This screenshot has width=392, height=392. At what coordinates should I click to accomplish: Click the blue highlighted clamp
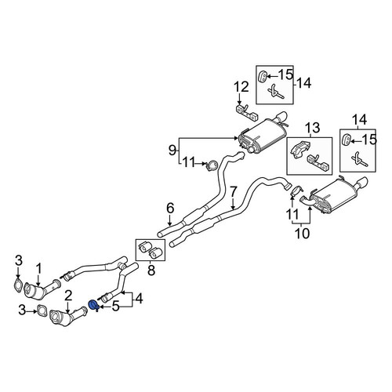click(x=93, y=306)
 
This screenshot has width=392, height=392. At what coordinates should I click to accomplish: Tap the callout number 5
click(x=115, y=307)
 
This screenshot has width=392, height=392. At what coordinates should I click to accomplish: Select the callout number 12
click(x=241, y=87)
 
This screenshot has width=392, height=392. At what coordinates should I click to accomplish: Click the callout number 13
click(x=312, y=128)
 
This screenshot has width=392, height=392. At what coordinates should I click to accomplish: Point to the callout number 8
click(x=151, y=270)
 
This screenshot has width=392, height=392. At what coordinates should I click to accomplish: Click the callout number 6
click(x=170, y=209)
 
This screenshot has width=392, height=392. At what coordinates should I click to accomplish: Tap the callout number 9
click(x=172, y=151)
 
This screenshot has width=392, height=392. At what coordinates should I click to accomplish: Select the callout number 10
click(x=303, y=233)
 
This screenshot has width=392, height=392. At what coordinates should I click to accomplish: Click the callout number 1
click(x=38, y=269)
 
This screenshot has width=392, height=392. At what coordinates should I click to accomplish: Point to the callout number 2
click(x=67, y=296)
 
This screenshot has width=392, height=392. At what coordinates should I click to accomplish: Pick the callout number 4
click(x=139, y=299)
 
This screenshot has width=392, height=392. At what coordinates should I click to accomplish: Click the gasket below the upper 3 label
click(x=17, y=285)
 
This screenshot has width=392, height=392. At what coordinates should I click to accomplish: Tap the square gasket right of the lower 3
click(x=42, y=310)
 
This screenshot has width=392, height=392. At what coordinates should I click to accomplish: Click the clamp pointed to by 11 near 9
click(x=212, y=165)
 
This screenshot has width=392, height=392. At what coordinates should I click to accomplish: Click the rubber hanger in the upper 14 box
click(x=263, y=76)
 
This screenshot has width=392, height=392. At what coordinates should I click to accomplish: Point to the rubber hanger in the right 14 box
click(x=346, y=140)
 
